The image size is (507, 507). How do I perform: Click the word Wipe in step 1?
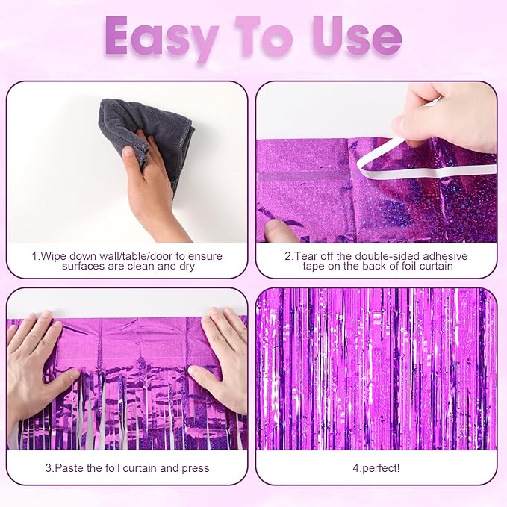coord(55,256)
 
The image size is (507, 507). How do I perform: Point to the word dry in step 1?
coord(181,267)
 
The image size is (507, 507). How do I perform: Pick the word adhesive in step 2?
coord(442,256)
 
